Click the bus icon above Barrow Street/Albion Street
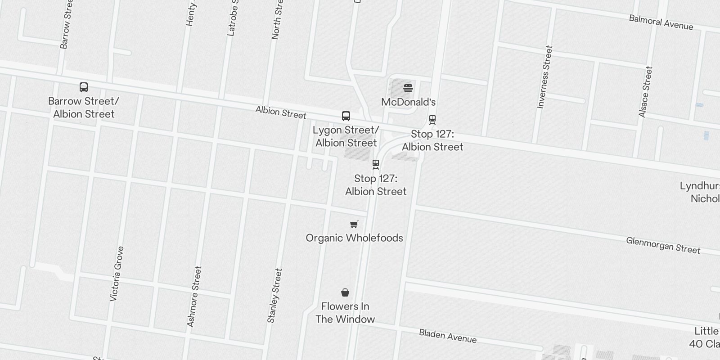click(x=84, y=87)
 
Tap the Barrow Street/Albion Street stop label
click(x=84, y=108)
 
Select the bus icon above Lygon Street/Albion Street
click(x=346, y=116)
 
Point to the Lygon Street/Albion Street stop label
click(x=346, y=136)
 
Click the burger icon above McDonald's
click(x=408, y=88)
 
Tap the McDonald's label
click(x=408, y=102)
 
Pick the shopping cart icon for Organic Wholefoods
click(x=354, y=224)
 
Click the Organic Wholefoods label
click(x=354, y=238)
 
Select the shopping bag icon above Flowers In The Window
click(x=345, y=293)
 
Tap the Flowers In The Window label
click(x=345, y=313)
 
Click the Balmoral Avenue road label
click(x=661, y=22)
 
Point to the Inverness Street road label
click(x=544, y=77)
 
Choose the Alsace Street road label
click(x=646, y=92)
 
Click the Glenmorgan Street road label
click(x=663, y=246)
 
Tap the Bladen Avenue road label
click(x=448, y=336)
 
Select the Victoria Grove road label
click(x=117, y=274)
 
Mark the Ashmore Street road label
click(x=194, y=297)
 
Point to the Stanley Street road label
click(x=274, y=296)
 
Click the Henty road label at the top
click(x=191, y=13)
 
